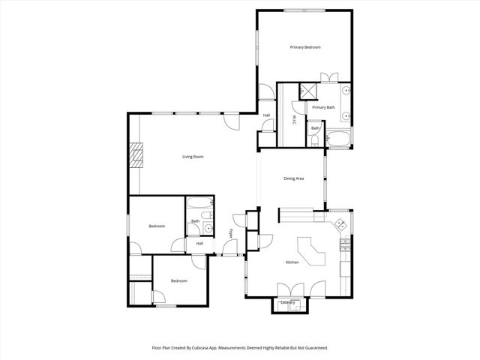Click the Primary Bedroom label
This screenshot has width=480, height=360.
pyautogui.click(x=305, y=47)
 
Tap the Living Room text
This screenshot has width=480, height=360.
pyautogui.click(x=193, y=157)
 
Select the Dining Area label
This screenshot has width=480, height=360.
pyautogui.click(x=293, y=178)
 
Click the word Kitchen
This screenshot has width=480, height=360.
pyautogui.click(x=292, y=262)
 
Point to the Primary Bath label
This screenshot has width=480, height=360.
pyautogui.click(x=324, y=107)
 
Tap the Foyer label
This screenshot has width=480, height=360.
pyautogui.click(x=231, y=234)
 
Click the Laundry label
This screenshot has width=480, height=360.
pyautogui.click(x=288, y=303)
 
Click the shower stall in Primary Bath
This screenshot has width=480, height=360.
pyautogui.click(x=306, y=90)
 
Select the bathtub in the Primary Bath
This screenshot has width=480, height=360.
pyautogui.click(x=338, y=139)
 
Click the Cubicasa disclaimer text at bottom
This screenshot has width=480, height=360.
pyautogui.click(x=240, y=348)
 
